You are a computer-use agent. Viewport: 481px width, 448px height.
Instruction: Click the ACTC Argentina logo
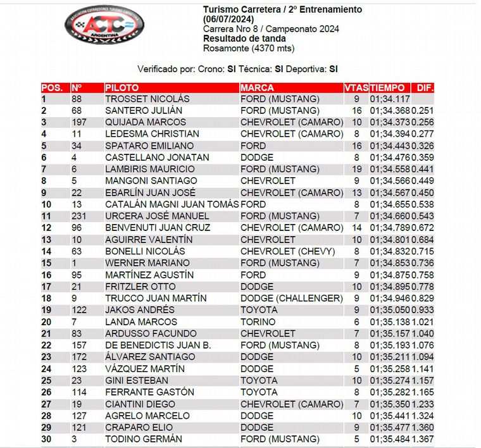[104, 27]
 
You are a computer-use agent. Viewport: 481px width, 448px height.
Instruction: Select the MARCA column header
[258, 88]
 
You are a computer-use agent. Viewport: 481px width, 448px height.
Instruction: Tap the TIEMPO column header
[387, 88]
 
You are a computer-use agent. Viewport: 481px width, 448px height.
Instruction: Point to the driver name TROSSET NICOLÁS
[147, 99]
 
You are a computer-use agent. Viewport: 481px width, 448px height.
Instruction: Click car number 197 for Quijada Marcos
[79, 122]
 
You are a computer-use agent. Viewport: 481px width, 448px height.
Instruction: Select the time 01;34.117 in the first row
[390, 99]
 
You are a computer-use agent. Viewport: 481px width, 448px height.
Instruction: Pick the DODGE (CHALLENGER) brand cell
[291, 298]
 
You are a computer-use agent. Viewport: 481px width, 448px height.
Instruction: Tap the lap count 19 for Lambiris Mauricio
[356, 169]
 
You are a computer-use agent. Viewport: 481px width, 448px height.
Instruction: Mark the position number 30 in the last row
[47, 439]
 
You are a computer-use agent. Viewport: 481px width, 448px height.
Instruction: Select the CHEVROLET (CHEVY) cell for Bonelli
[287, 251]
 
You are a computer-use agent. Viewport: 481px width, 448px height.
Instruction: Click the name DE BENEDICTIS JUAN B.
[158, 345]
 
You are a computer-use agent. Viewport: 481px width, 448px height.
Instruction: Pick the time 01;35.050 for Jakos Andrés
[390, 310]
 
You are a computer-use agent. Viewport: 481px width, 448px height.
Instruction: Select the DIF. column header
[423, 88]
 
